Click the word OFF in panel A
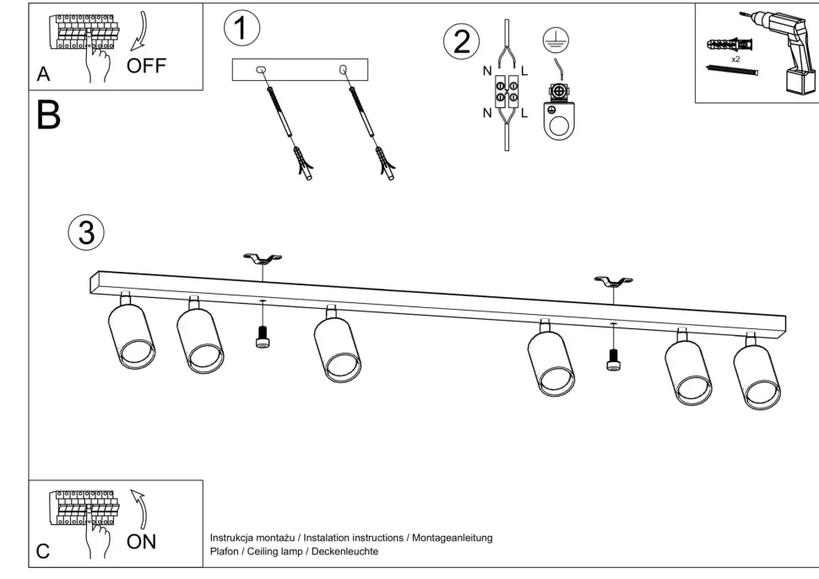point(147,64)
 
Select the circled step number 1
point(241,27)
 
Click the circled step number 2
point(462,41)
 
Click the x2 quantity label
point(736,59)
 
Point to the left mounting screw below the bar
point(262,337)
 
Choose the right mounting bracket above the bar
point(613,282)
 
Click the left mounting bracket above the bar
point(262,259)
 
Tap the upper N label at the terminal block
point(487,71)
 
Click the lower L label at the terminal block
point(524,112)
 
